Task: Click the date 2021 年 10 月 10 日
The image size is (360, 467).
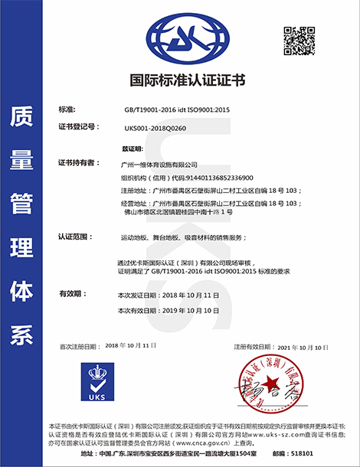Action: pos(307,347)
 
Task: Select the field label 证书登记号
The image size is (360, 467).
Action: pos(77,126)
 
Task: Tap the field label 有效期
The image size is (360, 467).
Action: pos(71,294)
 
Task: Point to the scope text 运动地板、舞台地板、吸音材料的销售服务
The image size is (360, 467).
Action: pos(171,237)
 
